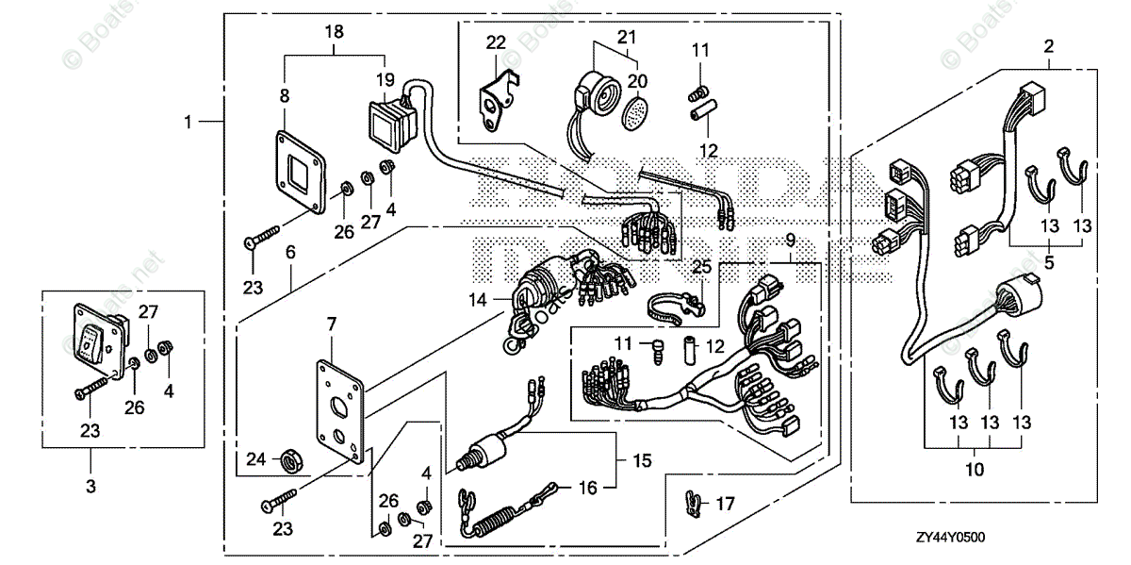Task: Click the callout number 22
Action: point(496,42)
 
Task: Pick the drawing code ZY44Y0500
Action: point(959,538)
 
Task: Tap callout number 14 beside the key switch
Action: point(478,299)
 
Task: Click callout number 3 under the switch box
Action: point(91,486)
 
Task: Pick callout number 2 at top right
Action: point(1049,44)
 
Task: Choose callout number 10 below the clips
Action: point(975,468)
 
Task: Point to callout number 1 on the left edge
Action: point(188,122)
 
